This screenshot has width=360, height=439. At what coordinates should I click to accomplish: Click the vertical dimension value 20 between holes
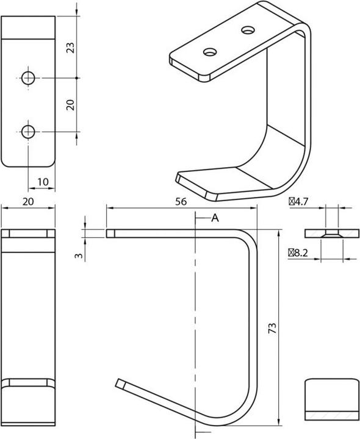70,104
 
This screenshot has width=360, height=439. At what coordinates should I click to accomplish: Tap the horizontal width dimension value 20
28,201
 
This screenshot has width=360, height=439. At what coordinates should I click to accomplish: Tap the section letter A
215,218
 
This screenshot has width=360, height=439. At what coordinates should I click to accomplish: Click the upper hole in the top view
28,77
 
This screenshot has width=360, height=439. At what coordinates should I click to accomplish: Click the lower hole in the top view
28,130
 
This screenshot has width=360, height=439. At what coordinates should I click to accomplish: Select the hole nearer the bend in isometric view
248,29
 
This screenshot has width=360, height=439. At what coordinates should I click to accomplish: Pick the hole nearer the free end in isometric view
210,52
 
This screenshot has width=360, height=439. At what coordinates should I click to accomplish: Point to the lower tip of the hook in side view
119,383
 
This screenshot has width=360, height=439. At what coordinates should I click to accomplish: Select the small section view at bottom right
332,399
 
